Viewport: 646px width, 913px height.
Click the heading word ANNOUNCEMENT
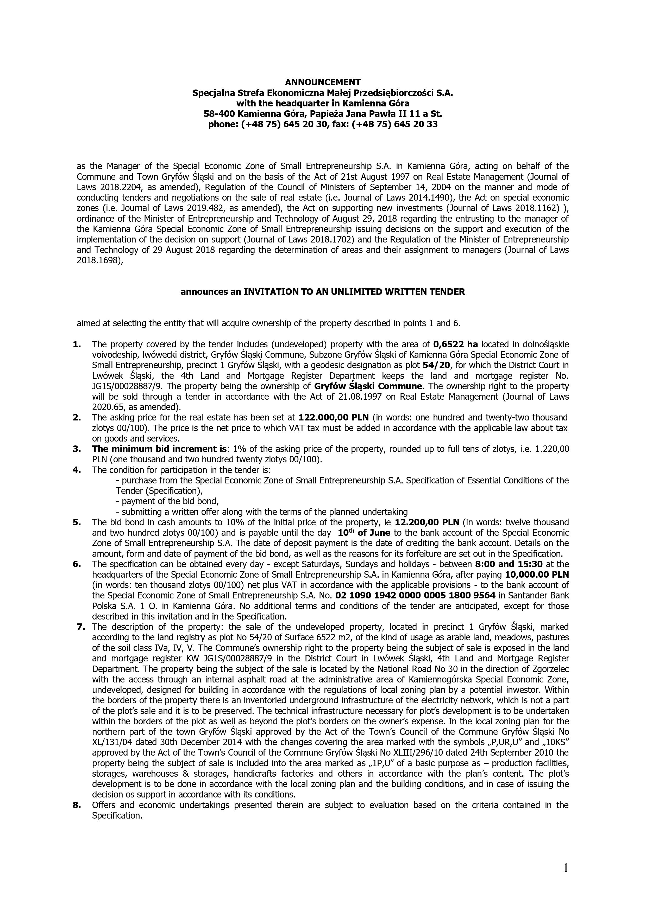323,82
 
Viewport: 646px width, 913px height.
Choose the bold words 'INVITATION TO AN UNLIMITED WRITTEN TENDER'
354,292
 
